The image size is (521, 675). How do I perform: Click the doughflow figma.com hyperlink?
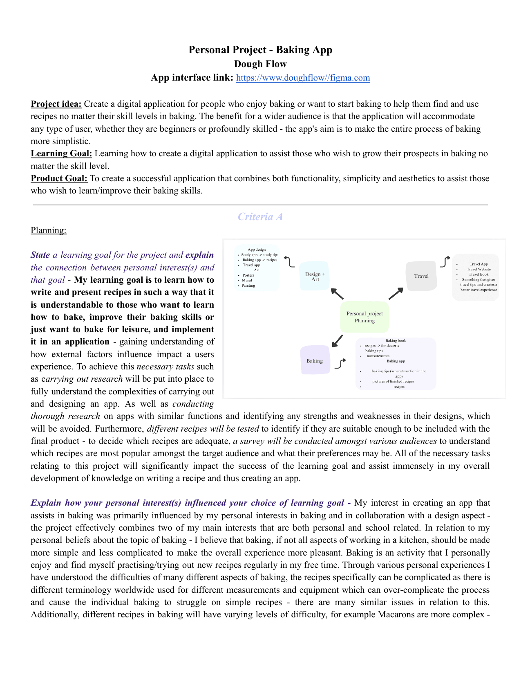pos(303,78)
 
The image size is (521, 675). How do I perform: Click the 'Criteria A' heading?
pos(260,217)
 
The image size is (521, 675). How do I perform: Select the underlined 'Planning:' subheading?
pos(48,230)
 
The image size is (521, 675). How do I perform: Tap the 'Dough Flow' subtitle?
pos(260,64)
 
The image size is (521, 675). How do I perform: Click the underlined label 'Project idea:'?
pos(56,104)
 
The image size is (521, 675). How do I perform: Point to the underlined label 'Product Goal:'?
pos(59,178)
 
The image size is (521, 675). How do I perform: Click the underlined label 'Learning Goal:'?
pos(61,153)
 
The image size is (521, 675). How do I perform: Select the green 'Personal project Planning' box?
pos(364,317)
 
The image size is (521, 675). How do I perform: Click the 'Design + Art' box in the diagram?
pos(315,276)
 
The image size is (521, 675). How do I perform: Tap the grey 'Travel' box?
pos(421,276)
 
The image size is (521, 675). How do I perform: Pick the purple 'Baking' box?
pos(315,361)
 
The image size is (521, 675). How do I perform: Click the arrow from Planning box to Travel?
pos(396,293)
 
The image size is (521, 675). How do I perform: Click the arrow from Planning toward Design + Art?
pos(337,293)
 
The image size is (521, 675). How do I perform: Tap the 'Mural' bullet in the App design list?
pos(247,280)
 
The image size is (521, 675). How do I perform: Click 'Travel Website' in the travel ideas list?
pos(479,269)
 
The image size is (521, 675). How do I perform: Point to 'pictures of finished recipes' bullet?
pos(393,381)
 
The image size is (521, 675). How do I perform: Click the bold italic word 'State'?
pos(40,255)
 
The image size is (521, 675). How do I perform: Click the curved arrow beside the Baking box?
pos(340,363)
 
